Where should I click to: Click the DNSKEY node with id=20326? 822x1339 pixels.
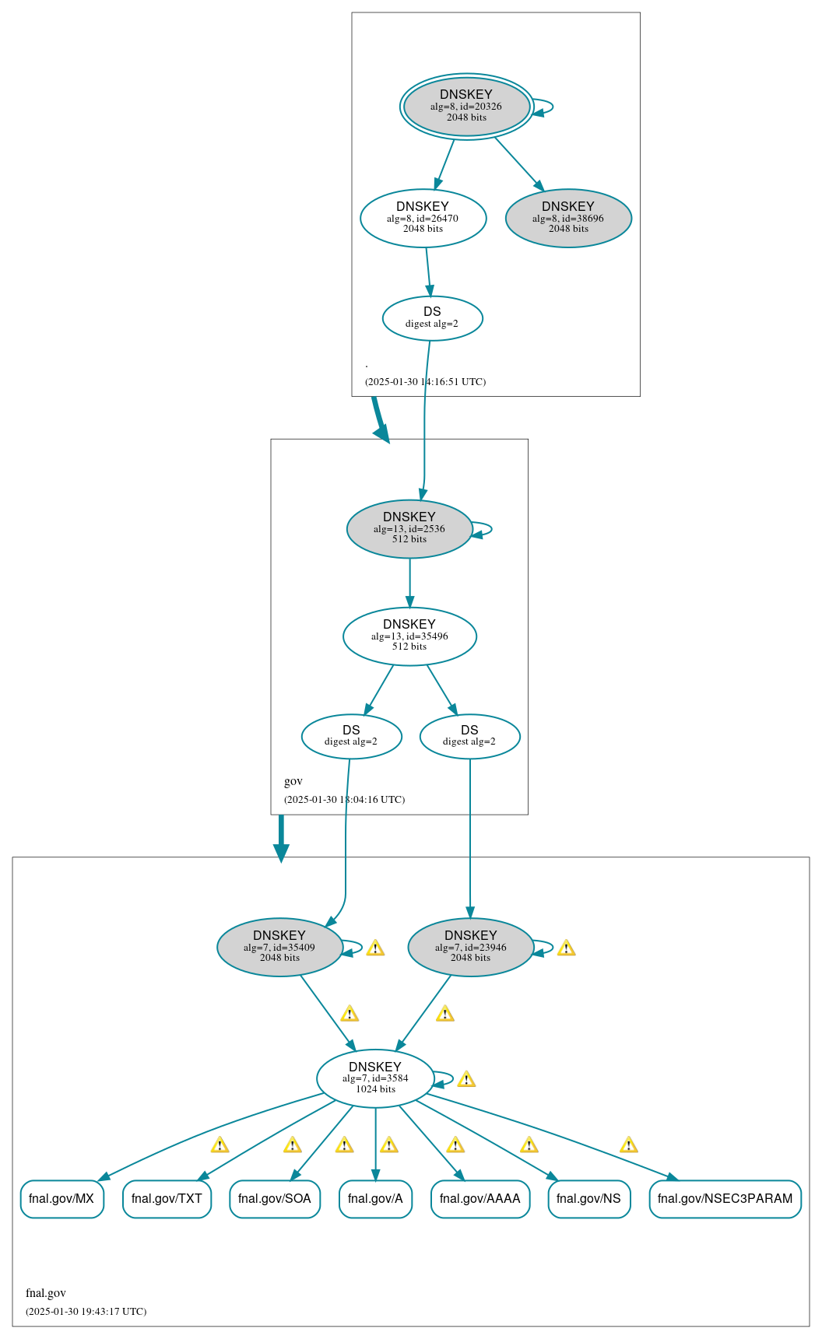(x=466, y=107)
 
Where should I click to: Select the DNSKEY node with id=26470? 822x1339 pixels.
(x=423, y=218)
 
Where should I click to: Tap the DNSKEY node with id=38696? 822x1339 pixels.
(x=568, y=218)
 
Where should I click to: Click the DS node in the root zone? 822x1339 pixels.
(x=432, y=317)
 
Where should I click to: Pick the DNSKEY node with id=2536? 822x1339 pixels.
(x=409, y=528)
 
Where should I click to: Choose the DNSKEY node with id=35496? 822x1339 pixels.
(x=409, y=636)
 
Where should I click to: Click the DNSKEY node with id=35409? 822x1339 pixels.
(x=279, y=947)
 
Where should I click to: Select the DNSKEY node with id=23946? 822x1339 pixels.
(x=470, y=947)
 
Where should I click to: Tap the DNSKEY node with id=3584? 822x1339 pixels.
(x=375, y=1078)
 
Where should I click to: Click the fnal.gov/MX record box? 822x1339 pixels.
(x=61, y=1198)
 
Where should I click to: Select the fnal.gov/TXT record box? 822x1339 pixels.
(x=167, y=1198)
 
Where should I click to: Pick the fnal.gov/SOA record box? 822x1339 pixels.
(x=275, y=1198)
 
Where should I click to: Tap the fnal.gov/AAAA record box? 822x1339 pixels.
(x=479, y=1198)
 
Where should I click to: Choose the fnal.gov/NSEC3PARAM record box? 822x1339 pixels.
(x=725, y=1198)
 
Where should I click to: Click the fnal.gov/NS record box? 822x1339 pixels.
(x=588, y=1198)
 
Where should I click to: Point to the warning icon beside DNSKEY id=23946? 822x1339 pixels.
(x=566, y=948)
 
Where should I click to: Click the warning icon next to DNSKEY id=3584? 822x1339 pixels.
(x=466, y=1079)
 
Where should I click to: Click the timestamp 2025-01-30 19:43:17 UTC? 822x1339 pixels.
(x=86, y=1311)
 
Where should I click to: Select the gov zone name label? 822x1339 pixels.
(x=293, y=781)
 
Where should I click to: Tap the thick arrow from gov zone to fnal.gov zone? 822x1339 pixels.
(x=281, y=838)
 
